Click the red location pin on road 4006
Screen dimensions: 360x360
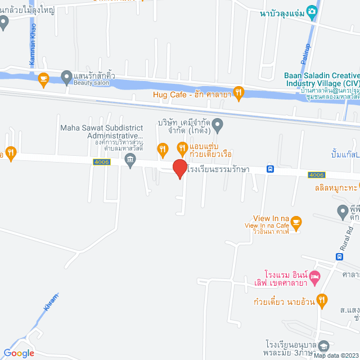point(179,169)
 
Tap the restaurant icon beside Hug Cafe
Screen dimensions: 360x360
point(238,92)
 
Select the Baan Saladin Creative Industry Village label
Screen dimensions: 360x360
point(321,79)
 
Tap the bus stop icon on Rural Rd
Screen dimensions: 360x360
point(339,256)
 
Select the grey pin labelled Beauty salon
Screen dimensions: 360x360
point(66,76)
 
